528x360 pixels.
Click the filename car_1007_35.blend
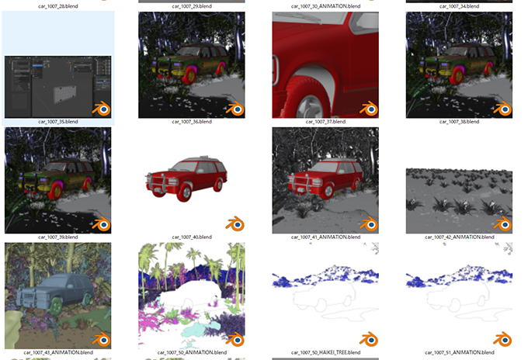pyautogui.click(x=58, y=122)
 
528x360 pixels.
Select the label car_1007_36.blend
pyautogui.click(x=192, y=122)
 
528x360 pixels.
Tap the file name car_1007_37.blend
pyautogui.click(x=325, y=122)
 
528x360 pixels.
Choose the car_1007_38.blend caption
pyautogui.click(x=459, y=122)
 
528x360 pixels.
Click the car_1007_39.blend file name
pyautogui.click(x=58, y=237)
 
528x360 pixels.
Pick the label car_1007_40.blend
pyautogui.click(x=192, y=237)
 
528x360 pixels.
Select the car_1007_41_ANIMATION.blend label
pyautogui.click(x=325, y=237)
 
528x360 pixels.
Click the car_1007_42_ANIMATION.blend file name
pyautogui.click(x=459, y=237)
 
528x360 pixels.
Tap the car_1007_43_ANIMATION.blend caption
pyautogui.click(x=58, y=352)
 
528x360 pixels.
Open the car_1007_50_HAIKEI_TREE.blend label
pyautogui.click(x=325, y=352)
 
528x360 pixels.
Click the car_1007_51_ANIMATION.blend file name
pyautogui.click(x=459, y=352)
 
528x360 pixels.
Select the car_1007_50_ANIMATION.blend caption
pyautogui.click(x=192, y=352)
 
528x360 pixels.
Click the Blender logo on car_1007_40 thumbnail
pyautogui.click(x=235, y=224)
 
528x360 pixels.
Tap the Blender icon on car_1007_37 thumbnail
pyautogui.click(x=369, y=109)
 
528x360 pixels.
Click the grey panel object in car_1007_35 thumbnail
pyautogui.click(x=65, y=94)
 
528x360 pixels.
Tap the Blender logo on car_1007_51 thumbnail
pyautogui.click(x=502, y=340)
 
